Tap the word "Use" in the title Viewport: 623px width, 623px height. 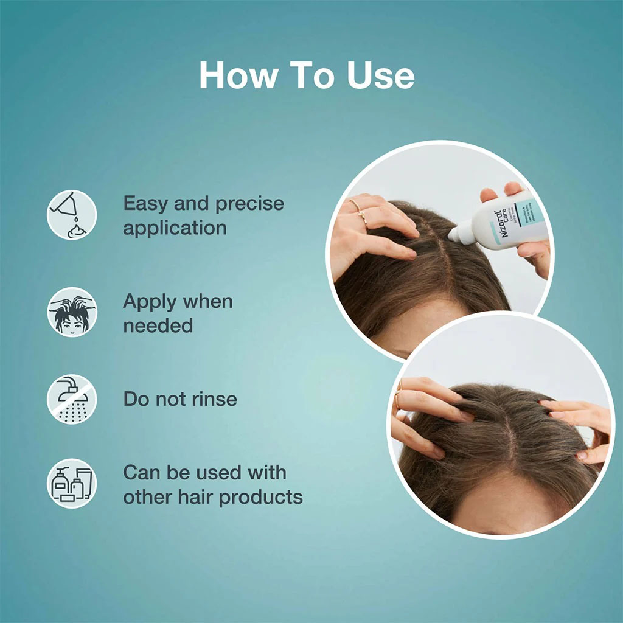(x=381, y=76)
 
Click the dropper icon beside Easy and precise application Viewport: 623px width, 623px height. (x=72, y=215)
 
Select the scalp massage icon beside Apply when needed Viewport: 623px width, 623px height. (x=72, y=312)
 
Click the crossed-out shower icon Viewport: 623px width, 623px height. (x=72, y=399)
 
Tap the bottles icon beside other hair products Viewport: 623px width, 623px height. (x=72, y=484)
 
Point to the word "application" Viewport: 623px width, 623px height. (x=175, y=228)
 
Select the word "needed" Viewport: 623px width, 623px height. (x=158, y=325)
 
